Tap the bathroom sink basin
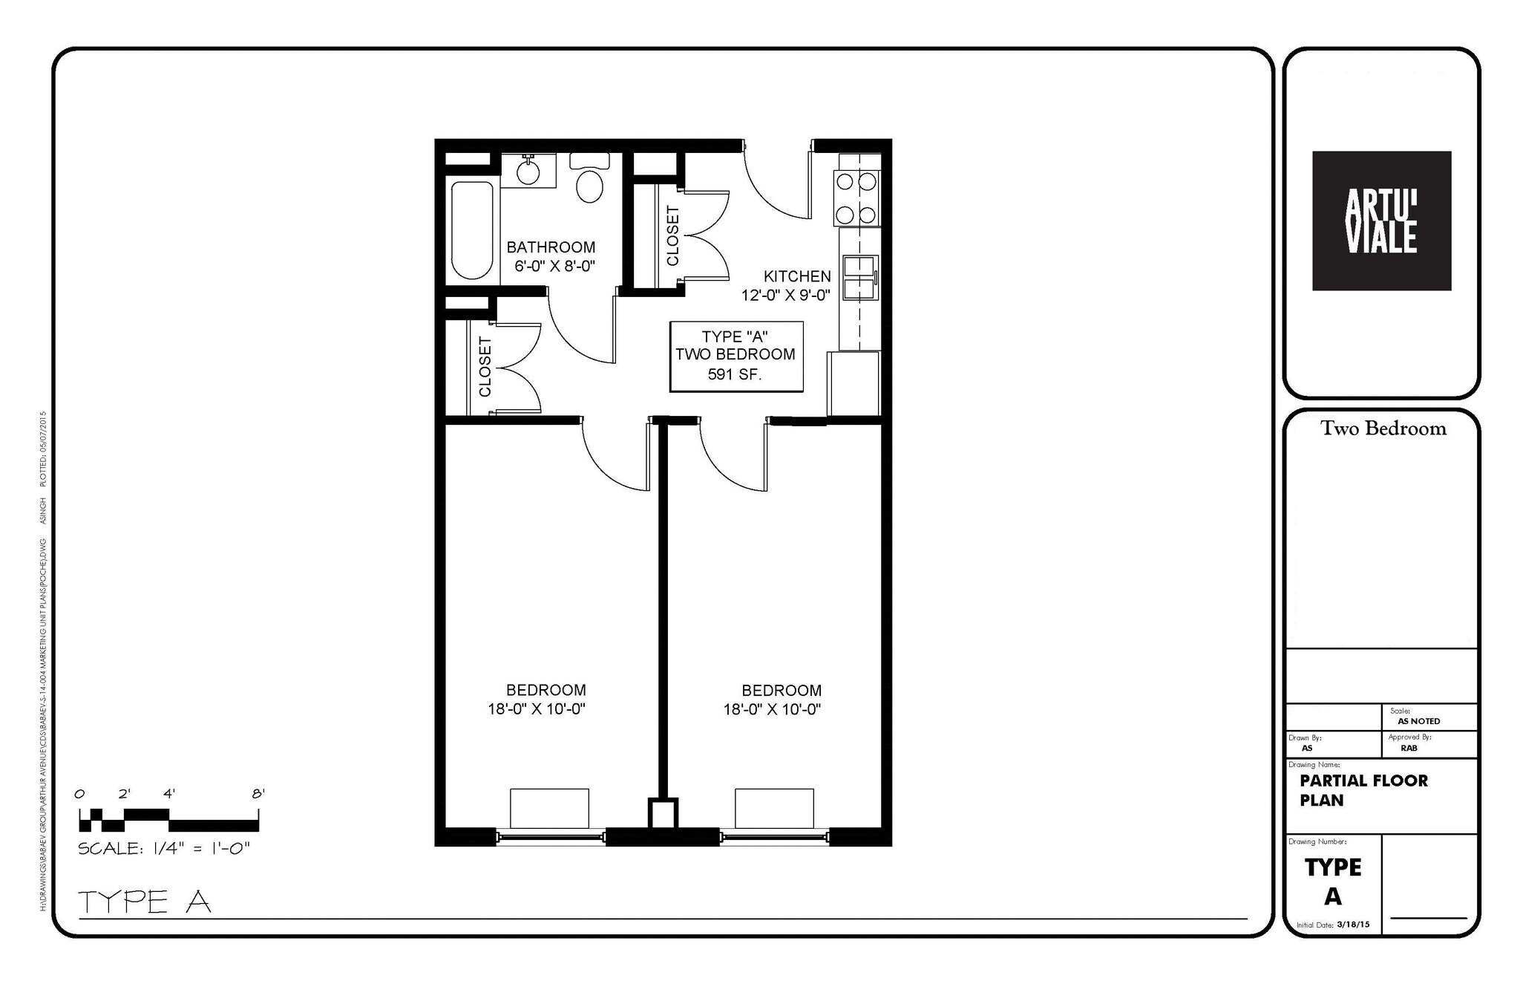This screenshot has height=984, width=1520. [528, 172]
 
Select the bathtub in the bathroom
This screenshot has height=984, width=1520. [472, 230]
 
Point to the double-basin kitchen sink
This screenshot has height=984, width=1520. [860, 278]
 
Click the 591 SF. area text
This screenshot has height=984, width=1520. [735, 375]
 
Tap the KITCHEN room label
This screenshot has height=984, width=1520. [797, 276]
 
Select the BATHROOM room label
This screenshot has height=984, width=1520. [551, 247]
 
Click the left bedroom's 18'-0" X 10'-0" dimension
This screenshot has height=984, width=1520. [537, 709]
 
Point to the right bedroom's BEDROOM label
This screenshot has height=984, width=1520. [782, 691]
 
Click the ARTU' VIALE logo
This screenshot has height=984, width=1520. [1381, 221]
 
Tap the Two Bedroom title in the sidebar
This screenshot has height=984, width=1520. [1383, 429]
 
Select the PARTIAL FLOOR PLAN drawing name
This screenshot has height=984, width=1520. [1363, 790]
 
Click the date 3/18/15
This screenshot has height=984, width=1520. [1353, 925]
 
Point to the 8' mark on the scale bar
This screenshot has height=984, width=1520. [258, 794]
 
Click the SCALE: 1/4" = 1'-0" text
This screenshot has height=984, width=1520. [164, 849]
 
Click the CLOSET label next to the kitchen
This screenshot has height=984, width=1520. [672, 236]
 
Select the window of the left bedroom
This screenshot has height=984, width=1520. [550, 837]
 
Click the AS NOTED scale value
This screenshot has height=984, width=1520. [1418, 721]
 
